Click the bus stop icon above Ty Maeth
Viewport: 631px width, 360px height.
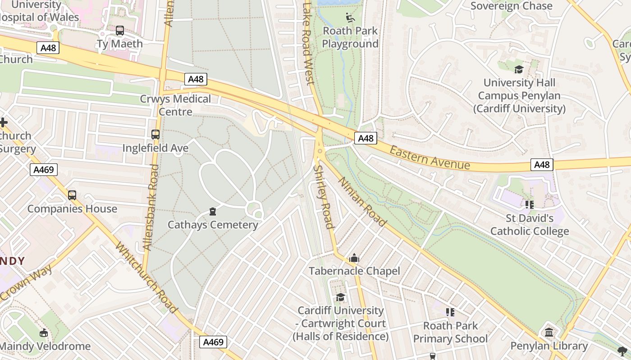[x=119, y=31]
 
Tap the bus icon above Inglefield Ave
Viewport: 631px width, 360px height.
[x=155, y=134]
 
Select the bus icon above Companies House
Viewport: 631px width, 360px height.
[x=72, y=195]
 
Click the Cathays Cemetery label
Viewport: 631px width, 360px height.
[x=213, y=225]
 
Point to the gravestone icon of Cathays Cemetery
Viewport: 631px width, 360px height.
[x=213, y=211]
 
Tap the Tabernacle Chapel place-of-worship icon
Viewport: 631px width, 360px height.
[x=354, y=258]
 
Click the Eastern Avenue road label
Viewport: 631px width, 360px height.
[x=430, y=157]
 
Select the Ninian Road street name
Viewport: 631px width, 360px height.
[x=362, y=201]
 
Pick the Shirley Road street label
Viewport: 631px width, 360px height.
[x=324, y=197]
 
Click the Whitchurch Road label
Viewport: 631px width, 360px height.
[x=146, y=278]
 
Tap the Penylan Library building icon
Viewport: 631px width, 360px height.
[x=549, y=333]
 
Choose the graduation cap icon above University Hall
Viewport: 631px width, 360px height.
[x=519, y=69]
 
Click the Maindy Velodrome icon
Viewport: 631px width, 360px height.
[x=44, y=333]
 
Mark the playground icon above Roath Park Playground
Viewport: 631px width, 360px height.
[x=350, y=18]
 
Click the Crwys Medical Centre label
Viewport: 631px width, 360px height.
[x=175, y=105]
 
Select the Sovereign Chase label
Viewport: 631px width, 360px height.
[x=511, y=6]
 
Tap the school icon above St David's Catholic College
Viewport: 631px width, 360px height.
[x=530, y=205]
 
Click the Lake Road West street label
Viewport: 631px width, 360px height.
[x=307, y=43]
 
